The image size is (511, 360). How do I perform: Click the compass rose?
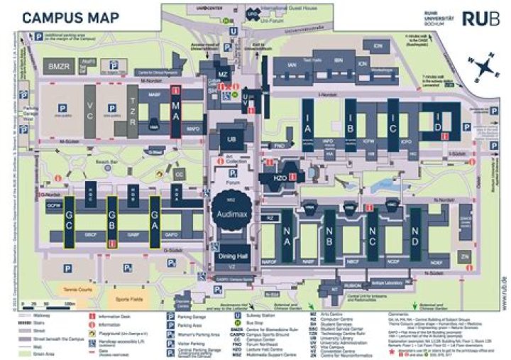485,69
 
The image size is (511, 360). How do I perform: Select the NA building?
287,233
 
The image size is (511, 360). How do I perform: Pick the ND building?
415,233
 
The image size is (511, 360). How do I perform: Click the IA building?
307,126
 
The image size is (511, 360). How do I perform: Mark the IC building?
392,126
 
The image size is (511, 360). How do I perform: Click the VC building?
90,110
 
